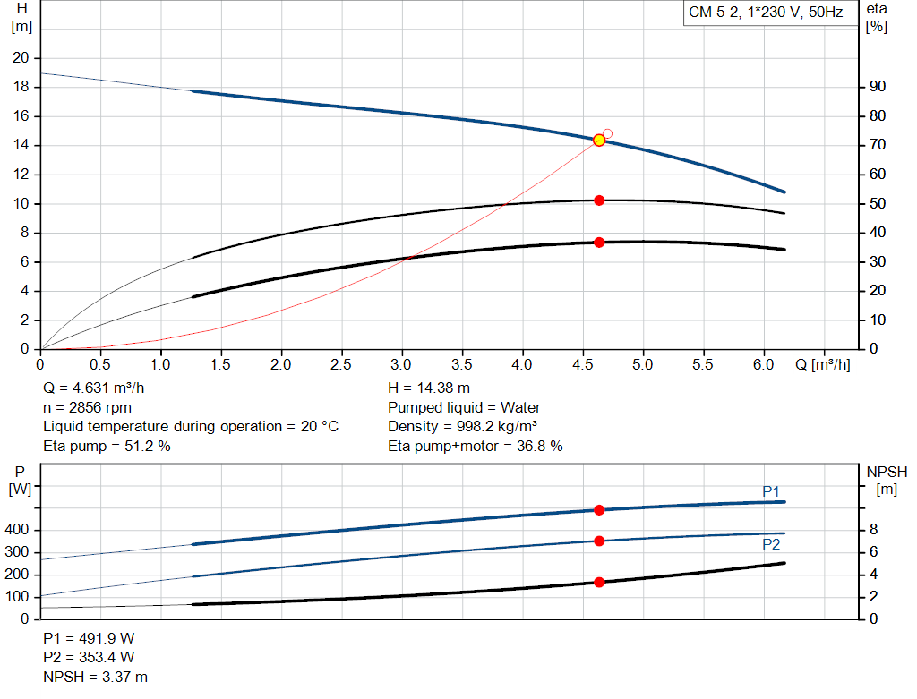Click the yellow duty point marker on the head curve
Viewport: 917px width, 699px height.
599,141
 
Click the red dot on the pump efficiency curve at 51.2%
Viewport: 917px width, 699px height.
599,200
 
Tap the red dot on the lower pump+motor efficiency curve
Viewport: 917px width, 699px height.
599,243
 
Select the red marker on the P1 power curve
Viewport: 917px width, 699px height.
599,510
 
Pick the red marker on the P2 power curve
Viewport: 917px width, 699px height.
599,541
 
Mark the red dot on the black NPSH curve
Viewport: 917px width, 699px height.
599,583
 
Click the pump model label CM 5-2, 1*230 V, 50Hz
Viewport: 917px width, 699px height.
766,13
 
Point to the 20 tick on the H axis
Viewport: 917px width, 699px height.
20,58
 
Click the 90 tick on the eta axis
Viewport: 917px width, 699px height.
877,87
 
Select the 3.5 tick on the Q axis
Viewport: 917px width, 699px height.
462,364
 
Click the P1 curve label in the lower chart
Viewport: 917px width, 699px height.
771,491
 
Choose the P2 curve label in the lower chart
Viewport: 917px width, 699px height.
771,544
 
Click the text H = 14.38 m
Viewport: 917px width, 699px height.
428,388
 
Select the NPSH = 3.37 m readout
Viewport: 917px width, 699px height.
96,677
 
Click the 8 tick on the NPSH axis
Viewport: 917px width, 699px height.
873,531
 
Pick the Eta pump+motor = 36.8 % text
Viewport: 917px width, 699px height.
475,446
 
